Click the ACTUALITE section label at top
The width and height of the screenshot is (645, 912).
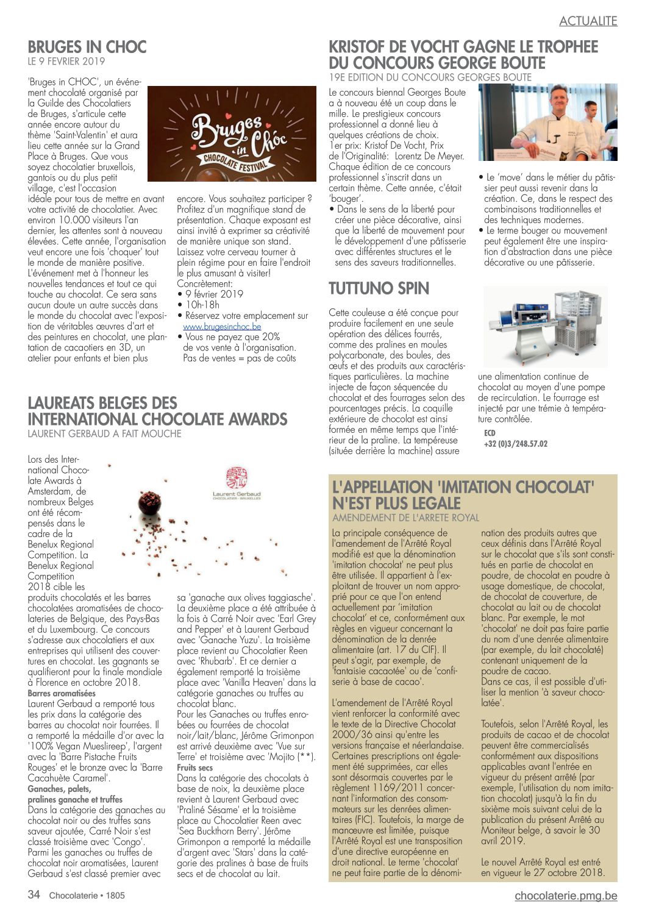click(588, 21)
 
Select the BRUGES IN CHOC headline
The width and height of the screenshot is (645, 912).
click(87, 47)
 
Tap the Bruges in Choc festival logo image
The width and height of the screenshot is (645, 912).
click(232, 134)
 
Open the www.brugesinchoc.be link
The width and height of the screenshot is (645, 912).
click(222, 327)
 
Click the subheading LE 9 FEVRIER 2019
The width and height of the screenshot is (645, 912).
click(66, 62)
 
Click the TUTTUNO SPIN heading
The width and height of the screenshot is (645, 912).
click(379, 288)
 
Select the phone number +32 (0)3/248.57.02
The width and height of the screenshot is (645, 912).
click(515, 444)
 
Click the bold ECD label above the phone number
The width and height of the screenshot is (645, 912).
click(490, 433)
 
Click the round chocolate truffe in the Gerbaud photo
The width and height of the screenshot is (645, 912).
click(149, 502)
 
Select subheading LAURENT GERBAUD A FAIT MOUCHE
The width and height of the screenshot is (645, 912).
click(104, 434)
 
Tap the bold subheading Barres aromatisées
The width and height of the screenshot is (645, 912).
click(62, 693)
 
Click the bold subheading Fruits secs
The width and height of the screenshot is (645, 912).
click(194, 768)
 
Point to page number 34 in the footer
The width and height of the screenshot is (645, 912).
click(34, 895)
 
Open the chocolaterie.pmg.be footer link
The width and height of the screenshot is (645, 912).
click(566, 896)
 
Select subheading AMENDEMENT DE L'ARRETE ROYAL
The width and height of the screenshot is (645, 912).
click(405, 518)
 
